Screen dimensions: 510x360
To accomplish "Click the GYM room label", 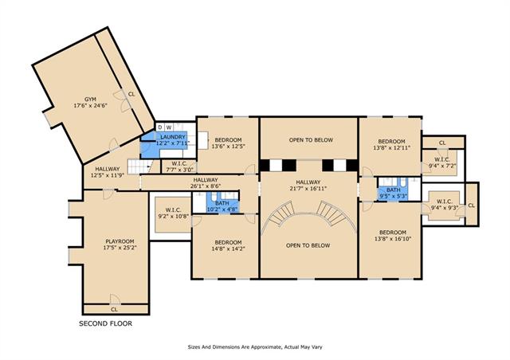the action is (90, 100).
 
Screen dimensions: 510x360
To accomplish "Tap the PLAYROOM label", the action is (120, 241).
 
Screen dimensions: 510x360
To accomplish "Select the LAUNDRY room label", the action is (173, 137).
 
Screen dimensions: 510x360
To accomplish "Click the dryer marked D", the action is (160, 127).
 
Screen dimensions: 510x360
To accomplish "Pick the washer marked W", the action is (169, 127).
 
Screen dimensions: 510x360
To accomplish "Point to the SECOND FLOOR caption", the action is (106, 323).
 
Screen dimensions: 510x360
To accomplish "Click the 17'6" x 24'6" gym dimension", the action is (90, 105).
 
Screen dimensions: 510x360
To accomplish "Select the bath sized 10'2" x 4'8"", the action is (222, 203).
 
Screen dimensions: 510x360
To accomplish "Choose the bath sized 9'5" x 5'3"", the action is (394, 190).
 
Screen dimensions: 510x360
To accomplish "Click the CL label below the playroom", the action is (114, 310).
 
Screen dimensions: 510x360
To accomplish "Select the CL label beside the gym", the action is (131, 94).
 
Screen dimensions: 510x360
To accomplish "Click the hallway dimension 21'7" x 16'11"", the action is (308, 188).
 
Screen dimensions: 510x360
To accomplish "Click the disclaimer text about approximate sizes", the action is (255, 347).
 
